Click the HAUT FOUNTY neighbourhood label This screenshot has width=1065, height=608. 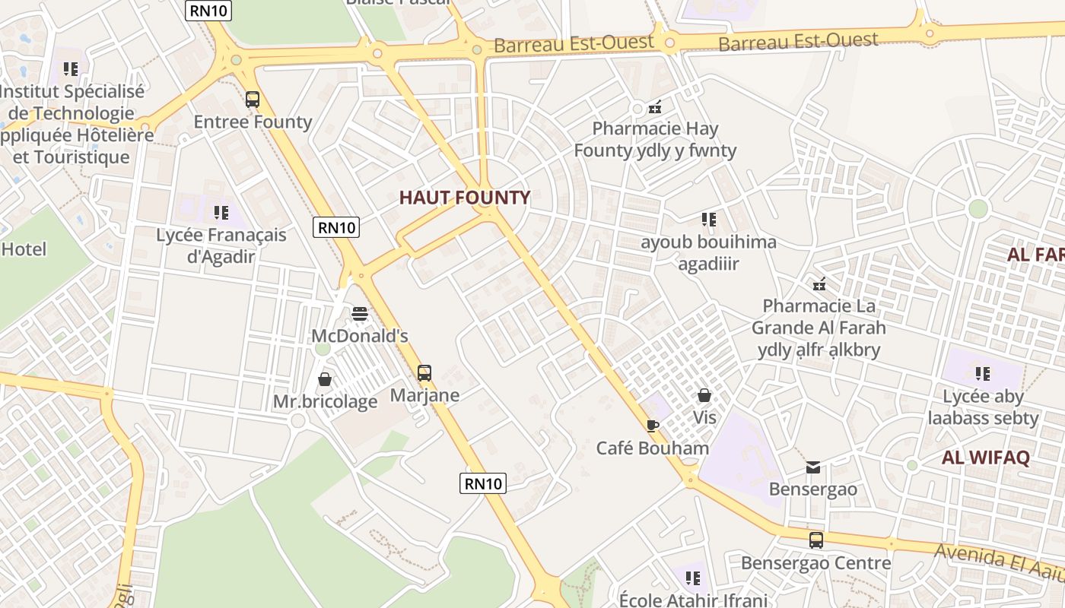[x=464, y=198]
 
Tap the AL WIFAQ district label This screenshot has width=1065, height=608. [x=985, y=458]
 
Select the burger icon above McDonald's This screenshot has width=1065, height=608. [x=360, y=314]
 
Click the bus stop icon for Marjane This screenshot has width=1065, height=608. [x=424, y=373]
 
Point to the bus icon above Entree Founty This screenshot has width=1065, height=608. [x=253, y=100]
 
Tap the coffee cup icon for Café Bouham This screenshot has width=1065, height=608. [x=651, y=426]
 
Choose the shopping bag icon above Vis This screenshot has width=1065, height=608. [x=704, y=396]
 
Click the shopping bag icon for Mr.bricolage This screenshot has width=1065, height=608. [x=325, y=379]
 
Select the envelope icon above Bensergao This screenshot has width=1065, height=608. [x=813, y=467]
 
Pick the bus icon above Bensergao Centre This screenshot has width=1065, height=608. [x=816, y=540]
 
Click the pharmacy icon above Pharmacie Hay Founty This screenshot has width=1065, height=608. [x=655, y=107]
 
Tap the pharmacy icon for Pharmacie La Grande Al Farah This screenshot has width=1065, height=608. [x=819, y=285]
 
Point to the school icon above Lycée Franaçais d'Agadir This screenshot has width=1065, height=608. [x=221, y=213]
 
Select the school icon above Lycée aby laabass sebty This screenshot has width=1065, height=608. [x=983, y=374]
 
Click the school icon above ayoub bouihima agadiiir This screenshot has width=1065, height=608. [x=709, y=220]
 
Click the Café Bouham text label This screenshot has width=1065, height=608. [x=652, y=448]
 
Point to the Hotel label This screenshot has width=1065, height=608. [x=24, y=249]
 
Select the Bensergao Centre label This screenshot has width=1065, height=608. [x=815, y=563]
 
